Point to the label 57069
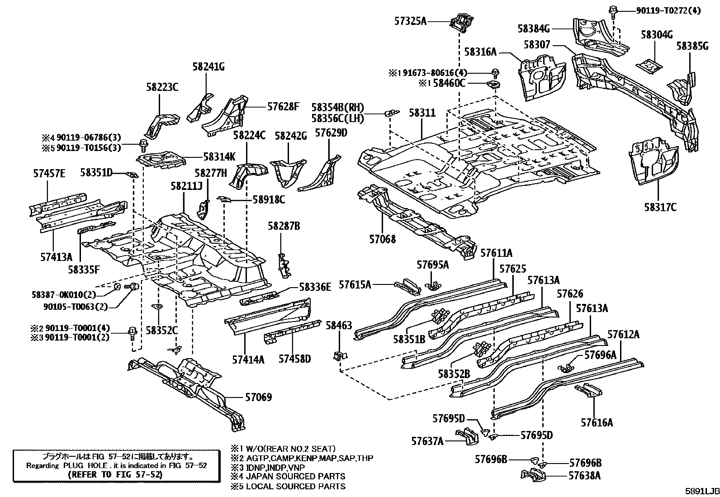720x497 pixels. [x=258, y=398]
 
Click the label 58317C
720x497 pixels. [x=660, y=207]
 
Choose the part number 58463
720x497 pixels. [x=339, y=325]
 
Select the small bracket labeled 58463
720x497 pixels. [x=338, y=355]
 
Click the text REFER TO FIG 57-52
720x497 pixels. [x=114, y=475]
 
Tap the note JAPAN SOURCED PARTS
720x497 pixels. [x=295, y=476]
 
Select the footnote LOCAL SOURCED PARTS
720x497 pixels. [x=295, y=486]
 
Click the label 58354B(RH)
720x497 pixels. [x=337, y=108]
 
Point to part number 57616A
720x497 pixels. [x=597, y=422]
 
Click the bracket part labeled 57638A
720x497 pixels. [x=534, y=475]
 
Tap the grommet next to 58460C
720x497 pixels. [x=494, y=84]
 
